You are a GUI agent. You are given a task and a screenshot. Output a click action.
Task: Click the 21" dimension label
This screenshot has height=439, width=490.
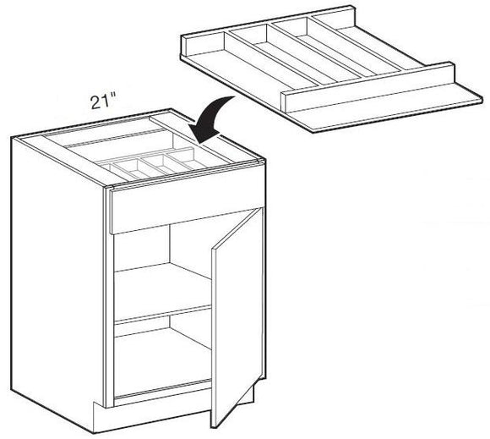[105, 103]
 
